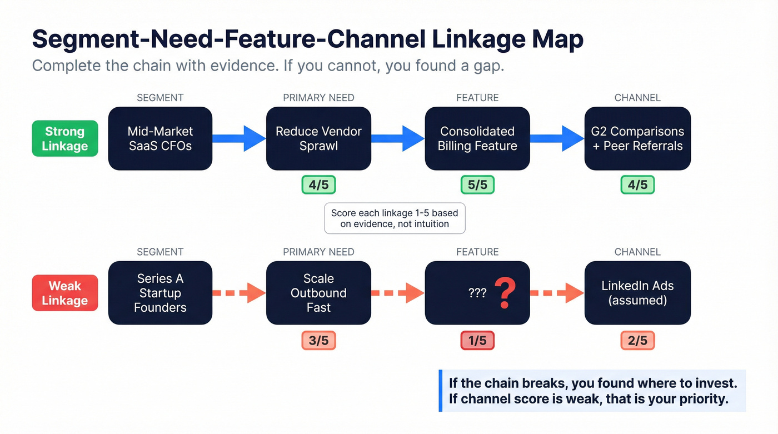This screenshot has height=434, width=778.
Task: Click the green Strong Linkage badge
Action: (64, 139)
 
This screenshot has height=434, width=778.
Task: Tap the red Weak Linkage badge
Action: (64, 293)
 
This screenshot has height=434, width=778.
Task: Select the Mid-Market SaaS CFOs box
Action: (160, 139)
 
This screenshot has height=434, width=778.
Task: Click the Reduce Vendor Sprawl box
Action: (318, 139)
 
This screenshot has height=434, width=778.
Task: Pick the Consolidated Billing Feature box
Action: (477, 139)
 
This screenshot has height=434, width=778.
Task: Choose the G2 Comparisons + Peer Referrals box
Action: (637, 139)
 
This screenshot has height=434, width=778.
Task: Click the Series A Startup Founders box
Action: (160, 293)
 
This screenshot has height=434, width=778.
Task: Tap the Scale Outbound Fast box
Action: (318, 293)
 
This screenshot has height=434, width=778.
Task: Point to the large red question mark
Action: (505, 293)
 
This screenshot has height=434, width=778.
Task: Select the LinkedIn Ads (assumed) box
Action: (637, 293)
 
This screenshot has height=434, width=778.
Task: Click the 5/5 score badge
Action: (477, 185)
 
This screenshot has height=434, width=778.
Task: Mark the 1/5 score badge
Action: (477, 341)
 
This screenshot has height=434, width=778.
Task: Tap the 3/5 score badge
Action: (318, 341)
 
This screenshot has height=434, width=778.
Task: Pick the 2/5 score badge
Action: (637, 341)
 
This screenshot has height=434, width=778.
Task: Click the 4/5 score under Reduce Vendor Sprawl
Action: (318, 185)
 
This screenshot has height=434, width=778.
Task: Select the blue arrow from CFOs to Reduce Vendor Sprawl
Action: (239, 138)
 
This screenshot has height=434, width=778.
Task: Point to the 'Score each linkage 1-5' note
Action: (395, 219)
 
